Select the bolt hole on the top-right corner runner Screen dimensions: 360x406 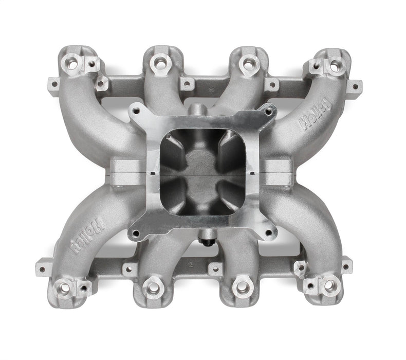[335, 66]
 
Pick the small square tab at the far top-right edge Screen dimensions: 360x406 [355, 85]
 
